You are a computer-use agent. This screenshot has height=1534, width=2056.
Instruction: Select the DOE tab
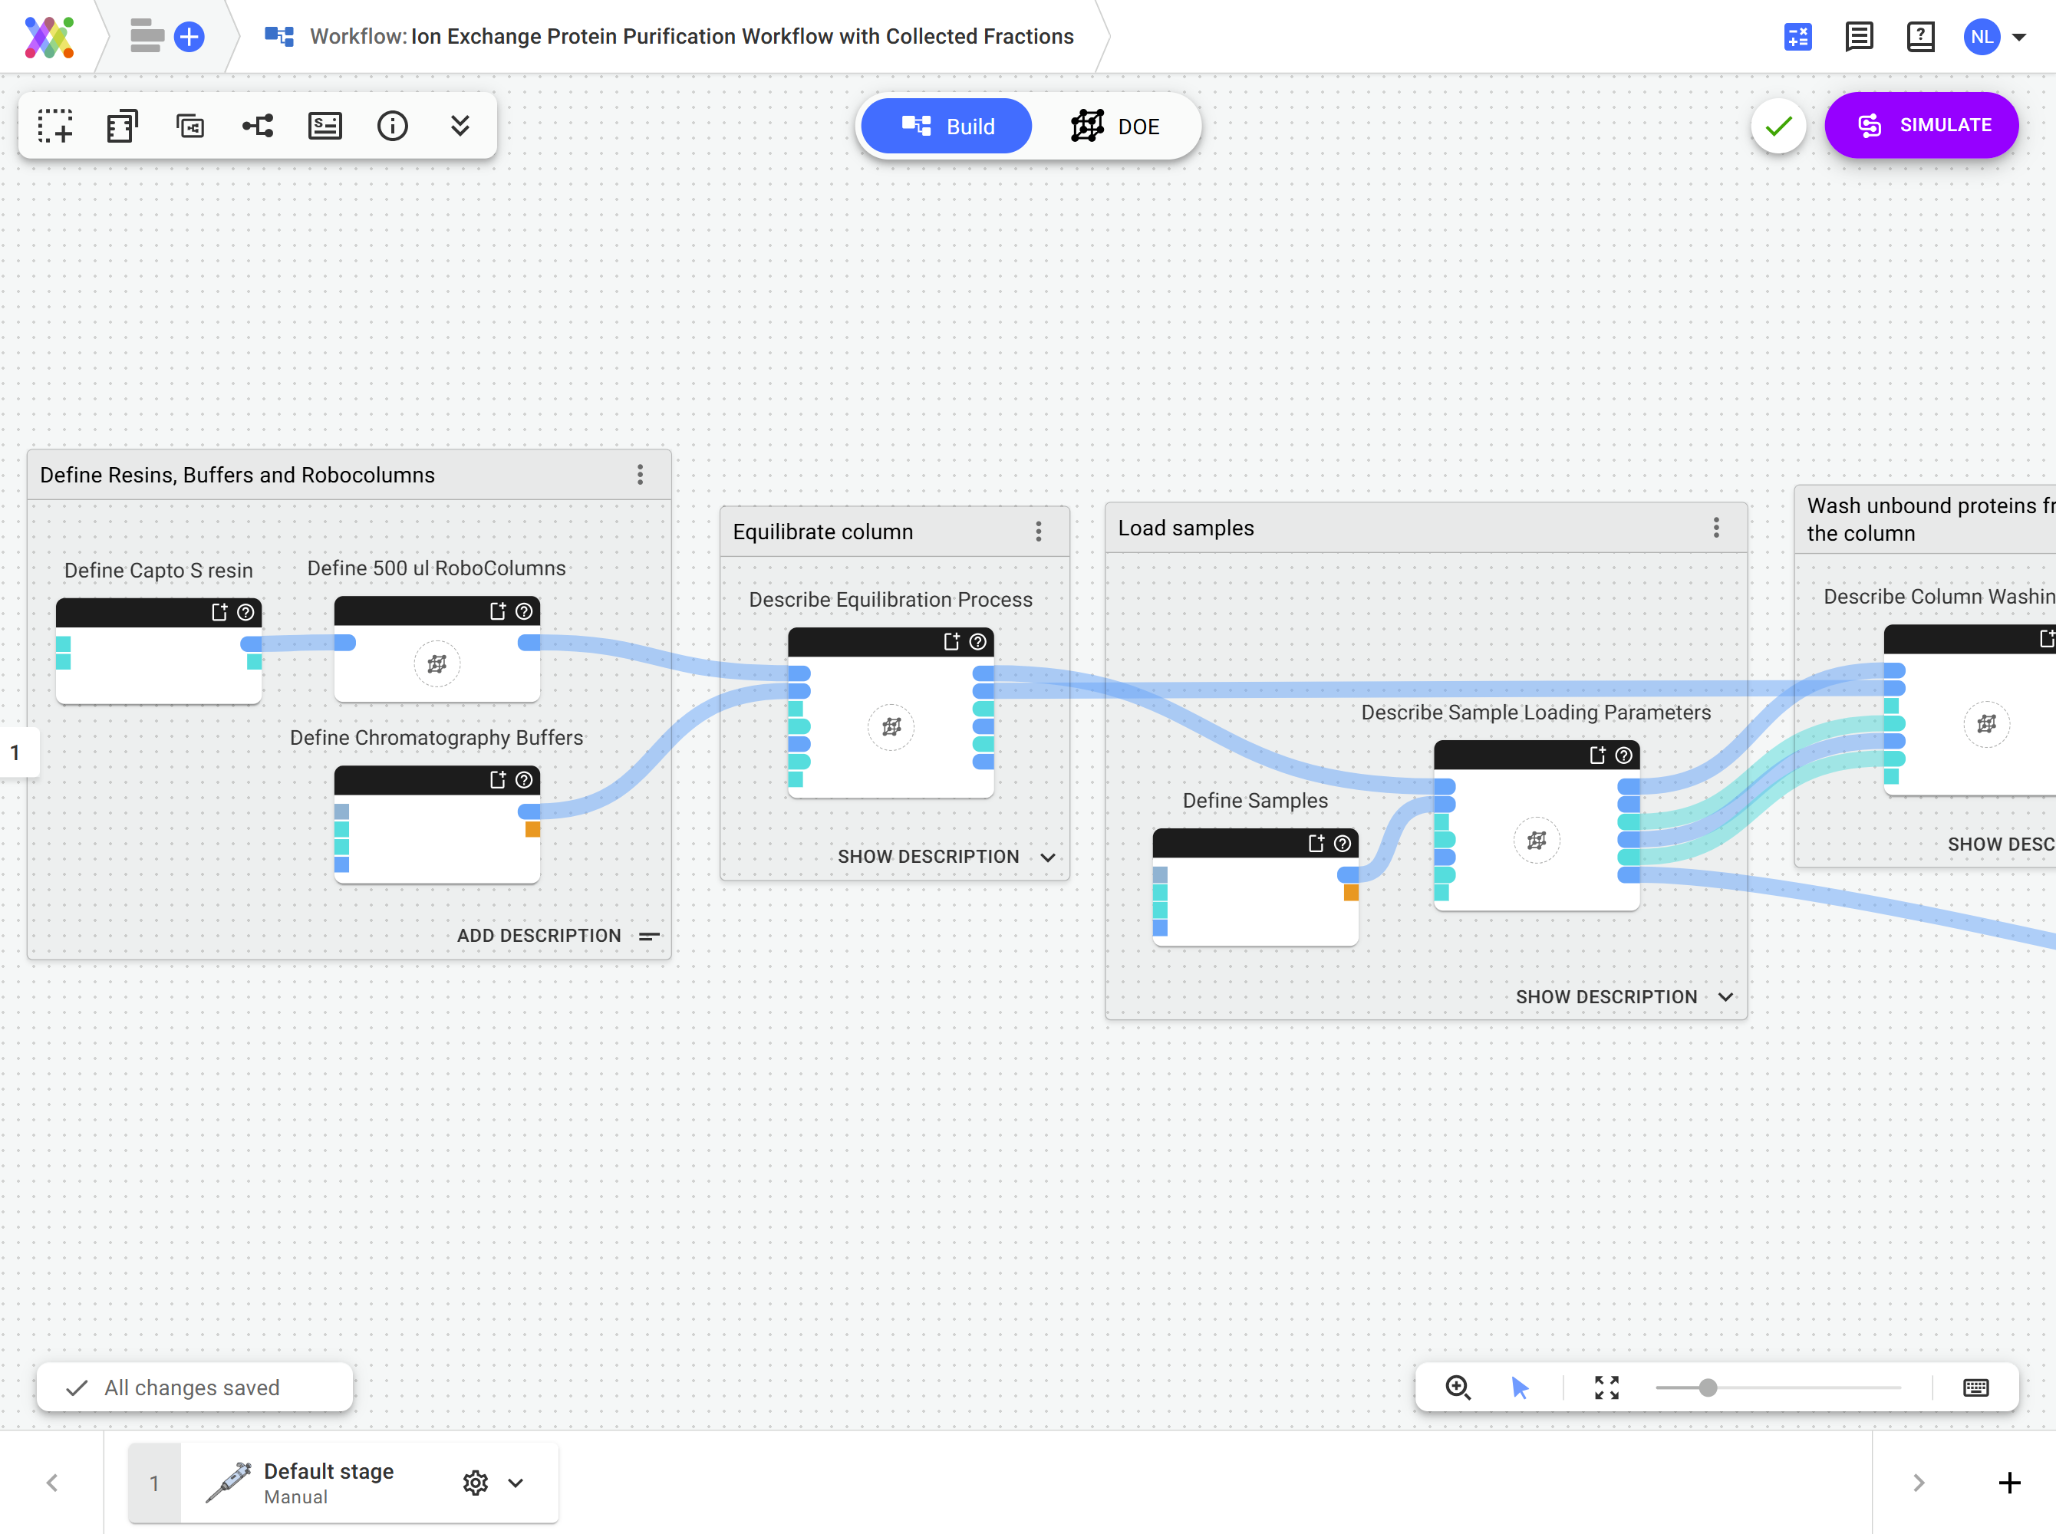[x=1115, y=127]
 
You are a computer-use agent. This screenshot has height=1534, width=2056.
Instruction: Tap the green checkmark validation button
[x=1778, y=127]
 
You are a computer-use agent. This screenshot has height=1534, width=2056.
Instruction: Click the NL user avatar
[x=1981, y=37]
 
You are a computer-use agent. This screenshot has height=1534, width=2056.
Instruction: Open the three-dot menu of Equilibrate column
[x=1038, y=531]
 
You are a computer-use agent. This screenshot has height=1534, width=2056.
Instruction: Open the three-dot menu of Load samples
[x=1715, y=528]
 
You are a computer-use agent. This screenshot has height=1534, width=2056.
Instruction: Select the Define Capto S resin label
[x=158, y=570]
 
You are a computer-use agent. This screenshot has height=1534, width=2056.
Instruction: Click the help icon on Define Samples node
[x=1342, y=843]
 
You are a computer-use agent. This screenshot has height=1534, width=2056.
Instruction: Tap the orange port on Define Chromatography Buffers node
[x=533, y=829]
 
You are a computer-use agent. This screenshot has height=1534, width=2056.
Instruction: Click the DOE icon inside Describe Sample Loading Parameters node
[x=1536, y=841]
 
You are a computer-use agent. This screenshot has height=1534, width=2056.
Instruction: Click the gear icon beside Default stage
[x=475, y=1482]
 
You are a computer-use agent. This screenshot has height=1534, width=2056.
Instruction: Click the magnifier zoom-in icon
[x=1457, y=1387]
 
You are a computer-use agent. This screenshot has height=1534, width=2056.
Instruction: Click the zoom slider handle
[x=1707, y=1388]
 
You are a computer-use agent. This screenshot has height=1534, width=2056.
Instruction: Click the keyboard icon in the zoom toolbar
[x=1975, y=1388]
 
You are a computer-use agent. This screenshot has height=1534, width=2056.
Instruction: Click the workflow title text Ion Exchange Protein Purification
[x=741, y=37]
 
